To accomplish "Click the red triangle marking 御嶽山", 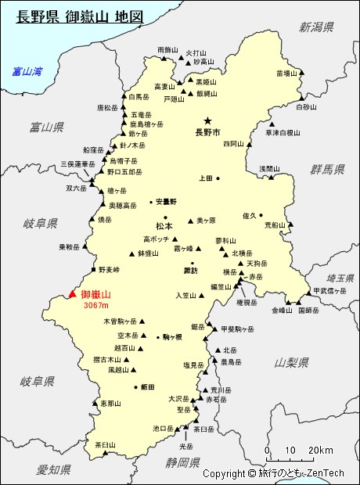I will point(73,294).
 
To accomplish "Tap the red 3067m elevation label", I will point(95,306).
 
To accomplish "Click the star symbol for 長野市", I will point(207,120).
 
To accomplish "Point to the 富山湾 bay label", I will point(27,71).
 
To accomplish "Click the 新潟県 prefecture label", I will point(316,27).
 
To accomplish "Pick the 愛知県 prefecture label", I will point(53,469).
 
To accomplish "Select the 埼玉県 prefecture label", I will point(341,278).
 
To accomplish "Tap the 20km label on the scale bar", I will point(321,451).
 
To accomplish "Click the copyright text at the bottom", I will point(273,473).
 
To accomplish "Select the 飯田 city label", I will point(147,387).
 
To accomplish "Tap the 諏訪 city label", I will point(190,271).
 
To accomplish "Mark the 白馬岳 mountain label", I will point(139,98).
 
